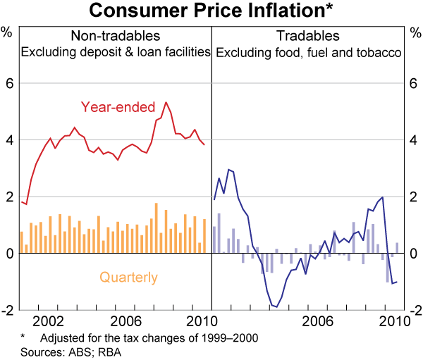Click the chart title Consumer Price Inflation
[x=211, y=11]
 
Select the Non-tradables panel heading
[x=116, y=36]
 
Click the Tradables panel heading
[x=308, y=36]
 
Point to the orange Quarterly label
[x=128, y=278]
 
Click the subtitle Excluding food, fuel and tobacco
[x=308, y=51]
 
